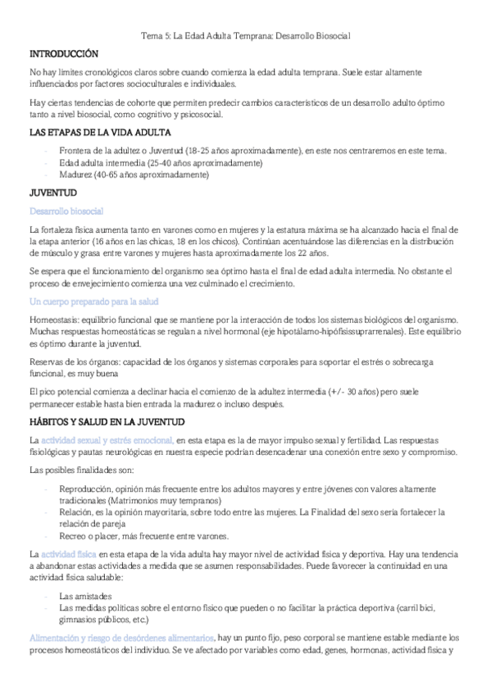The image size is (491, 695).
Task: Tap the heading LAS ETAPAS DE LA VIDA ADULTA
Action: coord(99,131)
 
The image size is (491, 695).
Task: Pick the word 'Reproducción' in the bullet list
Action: coord(87,489)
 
